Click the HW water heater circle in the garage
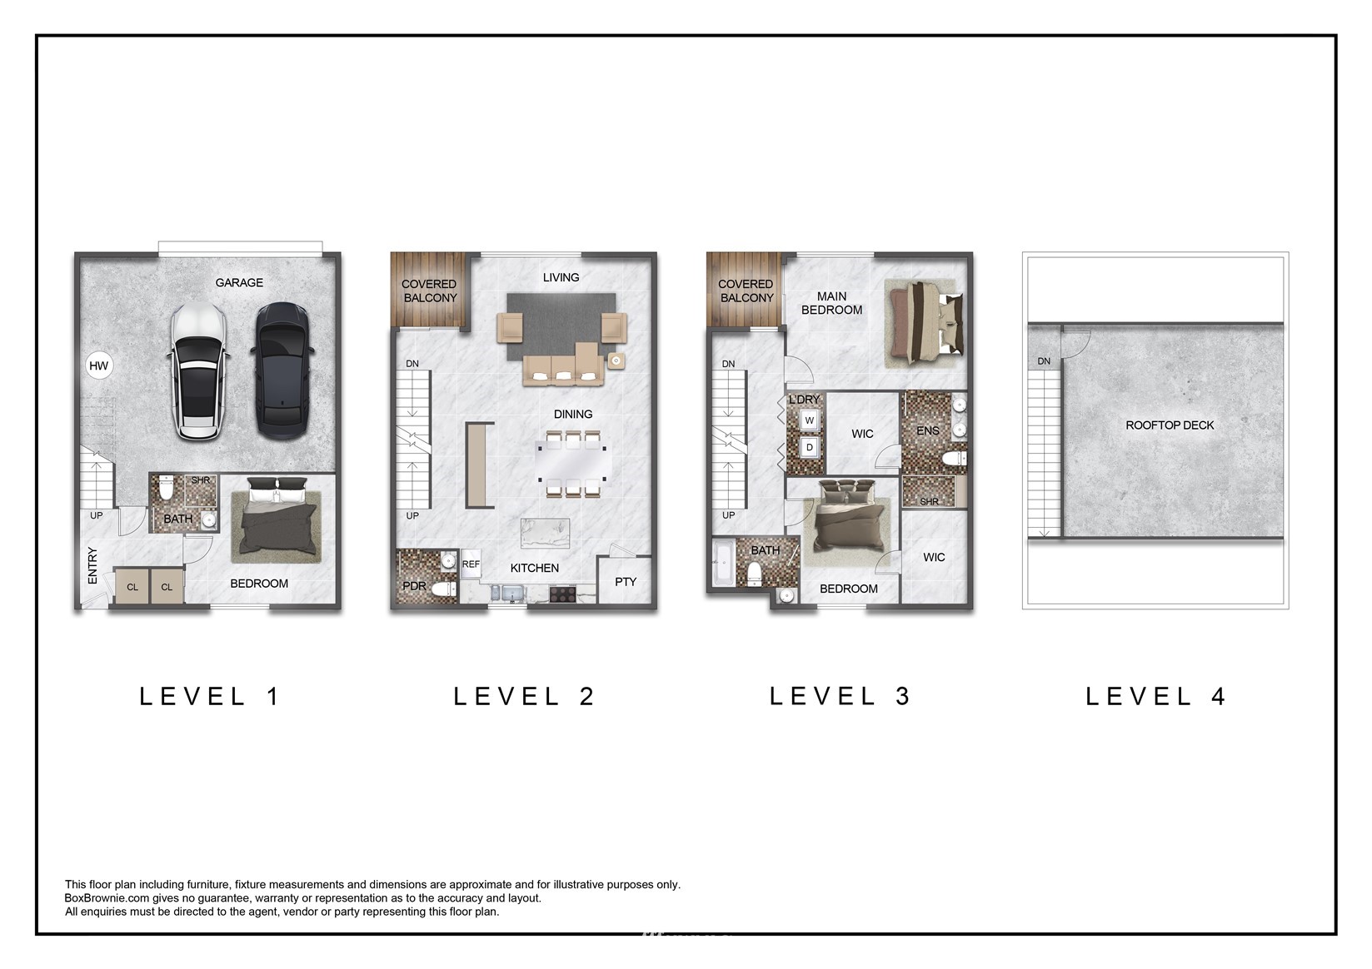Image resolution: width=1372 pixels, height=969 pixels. [98, 366]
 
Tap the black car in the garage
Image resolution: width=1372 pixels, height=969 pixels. [282, 370]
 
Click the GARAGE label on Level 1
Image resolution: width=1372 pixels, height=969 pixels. [239, 283]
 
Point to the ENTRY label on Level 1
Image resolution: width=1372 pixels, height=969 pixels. [92, 565]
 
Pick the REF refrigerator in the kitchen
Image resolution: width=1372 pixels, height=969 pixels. [471, 564]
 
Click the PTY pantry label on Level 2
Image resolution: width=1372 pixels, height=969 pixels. [626, 582]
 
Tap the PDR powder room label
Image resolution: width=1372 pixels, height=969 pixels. [414, 586]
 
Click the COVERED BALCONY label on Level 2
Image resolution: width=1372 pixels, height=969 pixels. [429, 291]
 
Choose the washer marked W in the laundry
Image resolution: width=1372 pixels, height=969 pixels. [810, 420]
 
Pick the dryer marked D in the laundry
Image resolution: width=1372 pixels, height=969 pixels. [810, 447]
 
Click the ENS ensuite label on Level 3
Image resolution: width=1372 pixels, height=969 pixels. [927, 431]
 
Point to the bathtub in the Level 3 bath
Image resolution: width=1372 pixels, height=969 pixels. [723, 562]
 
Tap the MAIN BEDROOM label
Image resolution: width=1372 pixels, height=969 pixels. [831, 304]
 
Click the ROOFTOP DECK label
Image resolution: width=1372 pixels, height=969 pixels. [1170, 425]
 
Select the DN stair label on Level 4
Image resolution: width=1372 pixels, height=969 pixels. [1044, 361]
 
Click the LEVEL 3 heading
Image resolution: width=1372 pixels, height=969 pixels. [841, 696]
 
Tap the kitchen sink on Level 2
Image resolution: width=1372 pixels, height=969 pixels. [508, 593]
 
